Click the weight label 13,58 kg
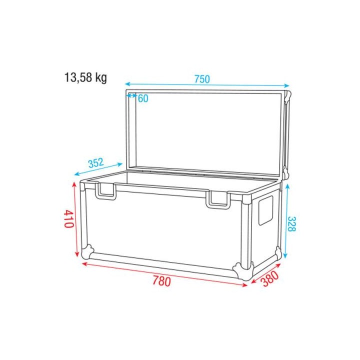85,77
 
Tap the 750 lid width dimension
202,79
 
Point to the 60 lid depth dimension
143,98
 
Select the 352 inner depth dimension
95,162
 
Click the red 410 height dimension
68,219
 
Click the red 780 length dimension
161,281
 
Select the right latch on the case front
218,198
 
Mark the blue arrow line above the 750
207,85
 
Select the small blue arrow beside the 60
132,94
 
